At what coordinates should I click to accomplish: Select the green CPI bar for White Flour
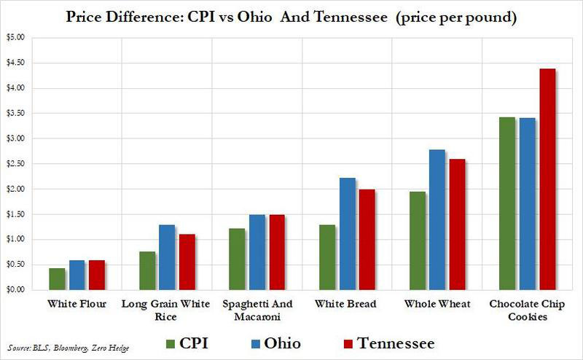pos(57,279)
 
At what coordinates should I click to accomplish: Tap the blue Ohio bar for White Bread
pos(348,234)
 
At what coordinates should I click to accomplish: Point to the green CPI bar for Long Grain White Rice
pos(146,270)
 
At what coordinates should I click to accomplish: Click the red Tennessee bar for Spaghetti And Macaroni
pos(276,252)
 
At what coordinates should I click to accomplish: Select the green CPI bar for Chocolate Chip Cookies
pos(507,203)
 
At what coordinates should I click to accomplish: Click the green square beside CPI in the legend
pos(172,342)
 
